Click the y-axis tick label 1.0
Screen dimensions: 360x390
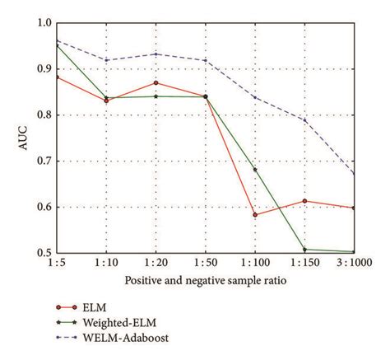pyautogui.click(x=44, y=23)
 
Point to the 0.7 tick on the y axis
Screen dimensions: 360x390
pyautogui.click(x=44, y=161)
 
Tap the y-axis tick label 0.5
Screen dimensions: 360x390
pyautogui.click(x=44, y=254)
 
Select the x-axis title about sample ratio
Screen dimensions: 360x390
pyautogui.click(x=205, y=281)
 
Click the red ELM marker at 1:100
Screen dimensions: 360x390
pyautogui.click(x=255, y=214)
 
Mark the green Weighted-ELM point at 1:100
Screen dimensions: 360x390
pyautogui.click(x=255, y=170)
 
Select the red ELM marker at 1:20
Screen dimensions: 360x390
pyautogui.click(x=156, y=82)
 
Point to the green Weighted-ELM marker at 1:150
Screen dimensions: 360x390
pyautogui.click(x=304, y=250)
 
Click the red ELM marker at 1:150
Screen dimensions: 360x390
pyautogui.click(x=304, y=201)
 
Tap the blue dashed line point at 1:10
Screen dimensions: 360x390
pyautogui.click(x=106, y=60)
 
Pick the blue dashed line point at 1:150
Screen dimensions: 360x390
pyautogui.click(x=304, y=120)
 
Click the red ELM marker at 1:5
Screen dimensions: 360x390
pyautogui.click(x=57, y=77)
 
